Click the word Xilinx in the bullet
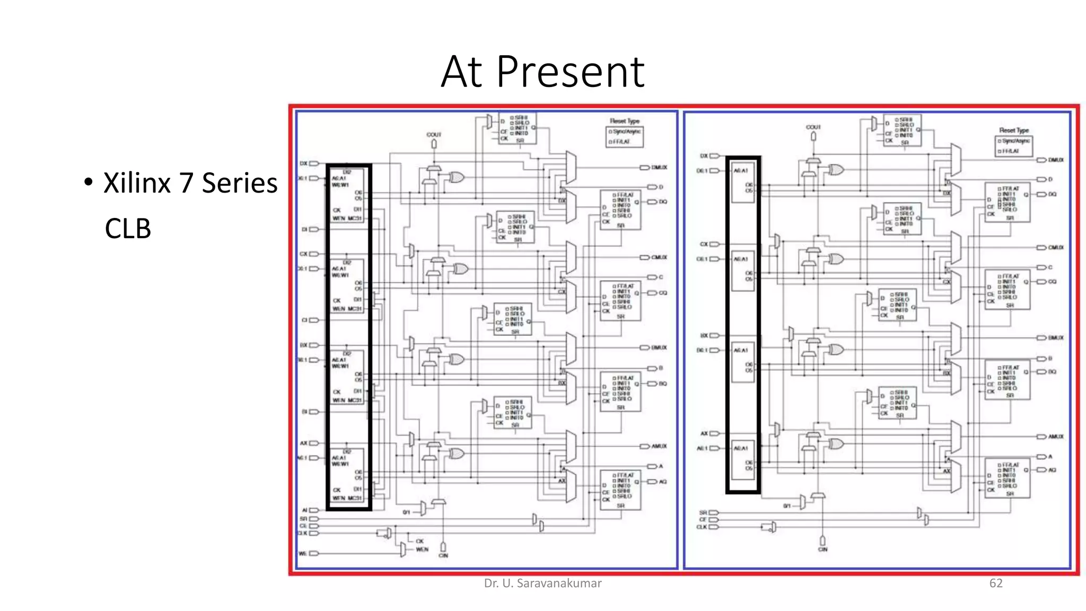click(137, 183)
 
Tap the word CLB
click(128, 229)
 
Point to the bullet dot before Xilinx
click(89, 182)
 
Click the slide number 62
click(996, 583)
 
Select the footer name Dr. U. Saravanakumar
click(542, 583)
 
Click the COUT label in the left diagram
click(434, 135)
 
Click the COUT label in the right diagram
click(813, 127)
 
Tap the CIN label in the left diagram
click(443, 555)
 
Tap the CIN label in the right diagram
click(822, 549)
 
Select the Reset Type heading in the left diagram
click(625, 121)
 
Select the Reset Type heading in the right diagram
click(1013, 130)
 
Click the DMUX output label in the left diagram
click(659, 168)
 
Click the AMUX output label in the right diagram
click(1055, 437)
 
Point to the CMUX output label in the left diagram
click(659, 257)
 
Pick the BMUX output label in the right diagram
click(1055, 338)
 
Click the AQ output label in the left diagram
click(663, 482)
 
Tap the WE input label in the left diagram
click(303, 553)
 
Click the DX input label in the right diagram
click(704, 156)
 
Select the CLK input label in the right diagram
click(702, 527)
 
